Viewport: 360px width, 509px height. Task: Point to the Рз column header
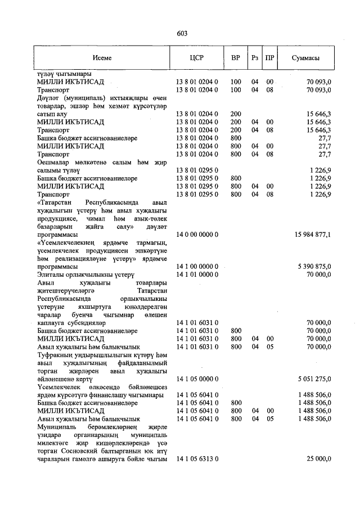point(255,58)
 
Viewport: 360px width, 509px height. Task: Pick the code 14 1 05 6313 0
point(197,460)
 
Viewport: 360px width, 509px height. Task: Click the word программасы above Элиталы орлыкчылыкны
point(57,265)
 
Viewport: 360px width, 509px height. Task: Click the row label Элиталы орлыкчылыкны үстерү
point(84,274)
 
